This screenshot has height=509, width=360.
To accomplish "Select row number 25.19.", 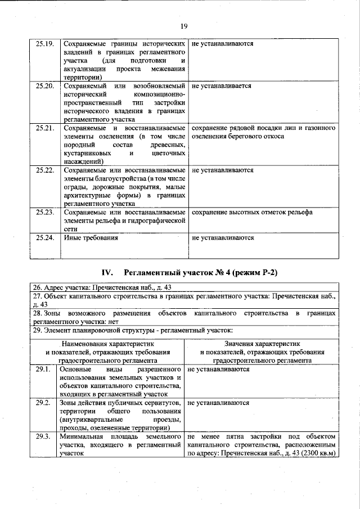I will tap(44, 43).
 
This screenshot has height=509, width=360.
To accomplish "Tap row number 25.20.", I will tap(44, 86).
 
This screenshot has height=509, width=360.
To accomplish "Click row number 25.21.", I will tap(44, 128).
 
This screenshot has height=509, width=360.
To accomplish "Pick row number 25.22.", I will tap(44, 170).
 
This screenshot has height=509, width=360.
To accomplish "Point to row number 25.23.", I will tap(44, 212).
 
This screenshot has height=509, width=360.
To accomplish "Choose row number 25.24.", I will tap(44, 237).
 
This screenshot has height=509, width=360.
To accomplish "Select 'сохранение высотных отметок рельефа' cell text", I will tap(252, 212).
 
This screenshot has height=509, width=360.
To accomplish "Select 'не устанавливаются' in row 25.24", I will tap(223, 237).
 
